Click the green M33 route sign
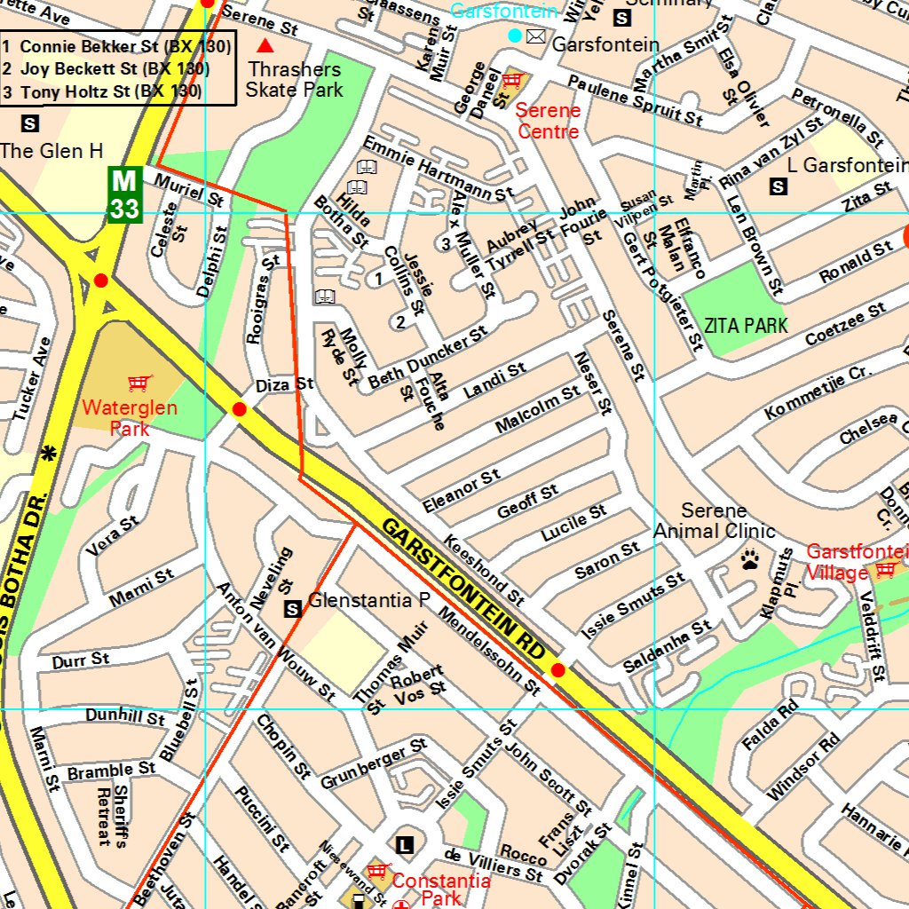point(124,194)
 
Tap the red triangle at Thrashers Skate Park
point(265,45)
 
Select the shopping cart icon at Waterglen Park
point(138,383)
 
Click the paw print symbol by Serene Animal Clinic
point(751,560)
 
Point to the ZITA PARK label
point(746,326)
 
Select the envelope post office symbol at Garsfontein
point(535,36)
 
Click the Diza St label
point(284,385)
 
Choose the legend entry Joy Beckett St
point(115,68)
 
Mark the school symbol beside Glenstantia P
point(292,609)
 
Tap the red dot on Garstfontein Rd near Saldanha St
point(557,670)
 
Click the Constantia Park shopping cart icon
point(379,871)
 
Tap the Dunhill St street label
point(125,715)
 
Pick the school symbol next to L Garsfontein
point(779,186)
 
